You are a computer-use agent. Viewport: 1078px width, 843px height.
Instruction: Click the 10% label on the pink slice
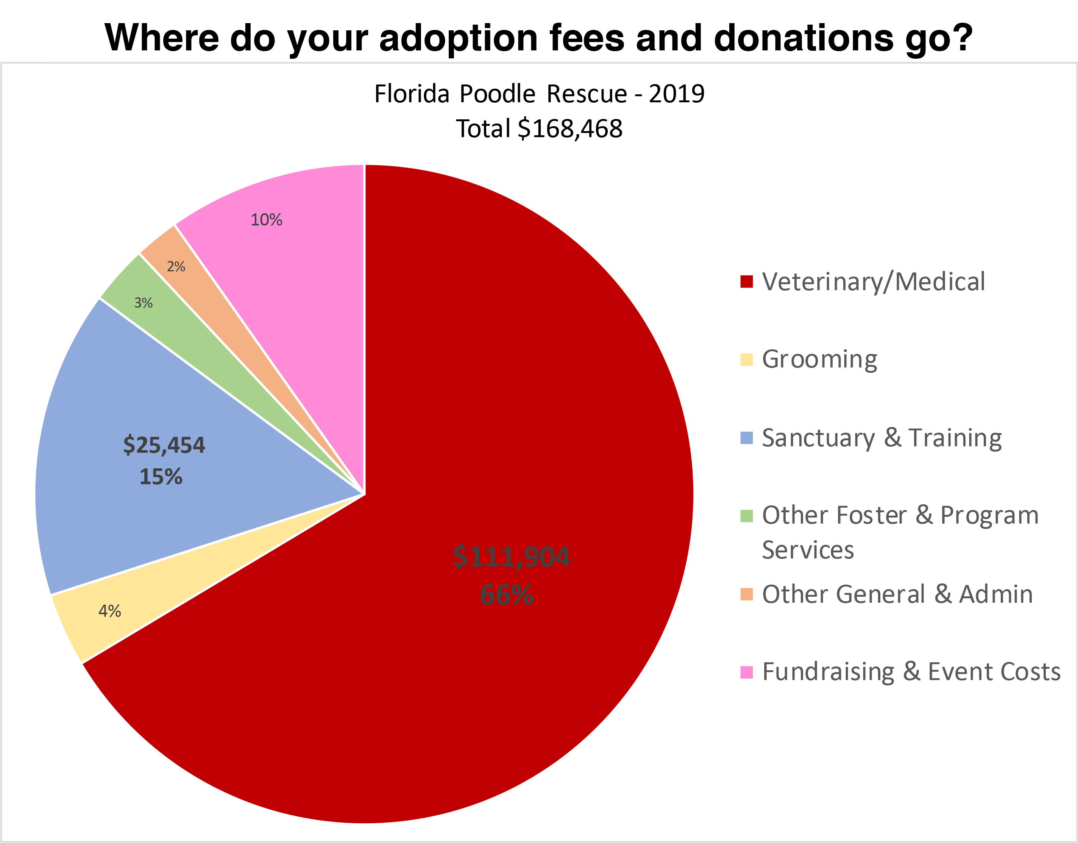click(266, 220)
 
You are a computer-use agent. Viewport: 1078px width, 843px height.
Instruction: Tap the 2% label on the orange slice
click(176, 267)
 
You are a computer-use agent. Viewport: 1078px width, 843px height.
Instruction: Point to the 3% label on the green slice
click(143, 303)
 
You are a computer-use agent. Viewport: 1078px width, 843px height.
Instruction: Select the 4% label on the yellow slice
click(109, 611)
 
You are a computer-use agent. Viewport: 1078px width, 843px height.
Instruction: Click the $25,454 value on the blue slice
click(164, 445)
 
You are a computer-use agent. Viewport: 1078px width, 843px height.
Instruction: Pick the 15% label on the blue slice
click(161, 477)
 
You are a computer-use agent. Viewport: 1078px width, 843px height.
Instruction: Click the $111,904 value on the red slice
click(511, 557)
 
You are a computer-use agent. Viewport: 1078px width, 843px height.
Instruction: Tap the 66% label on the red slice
click(506, 594)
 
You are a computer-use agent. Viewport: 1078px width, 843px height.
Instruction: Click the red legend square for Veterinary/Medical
click(746, 282)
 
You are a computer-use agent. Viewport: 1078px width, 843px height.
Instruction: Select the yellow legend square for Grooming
click(746, 360)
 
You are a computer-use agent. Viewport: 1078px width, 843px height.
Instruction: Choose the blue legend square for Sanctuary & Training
click(746, 438)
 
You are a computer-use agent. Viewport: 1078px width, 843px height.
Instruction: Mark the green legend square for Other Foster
click(746, 516)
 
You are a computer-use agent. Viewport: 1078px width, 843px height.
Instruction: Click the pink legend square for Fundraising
click(746, 672)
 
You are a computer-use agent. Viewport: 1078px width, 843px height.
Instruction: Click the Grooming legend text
click(819, 360)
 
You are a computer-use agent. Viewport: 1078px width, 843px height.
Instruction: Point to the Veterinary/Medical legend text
click(873, 282)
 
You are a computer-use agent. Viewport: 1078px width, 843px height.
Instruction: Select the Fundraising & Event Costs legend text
click(911, 672)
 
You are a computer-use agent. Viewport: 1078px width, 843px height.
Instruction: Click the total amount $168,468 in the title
click(570, 129)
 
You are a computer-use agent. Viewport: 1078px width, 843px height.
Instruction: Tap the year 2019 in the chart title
click(677, 94)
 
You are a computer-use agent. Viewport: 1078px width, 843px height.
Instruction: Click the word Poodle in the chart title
click(498, 94)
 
